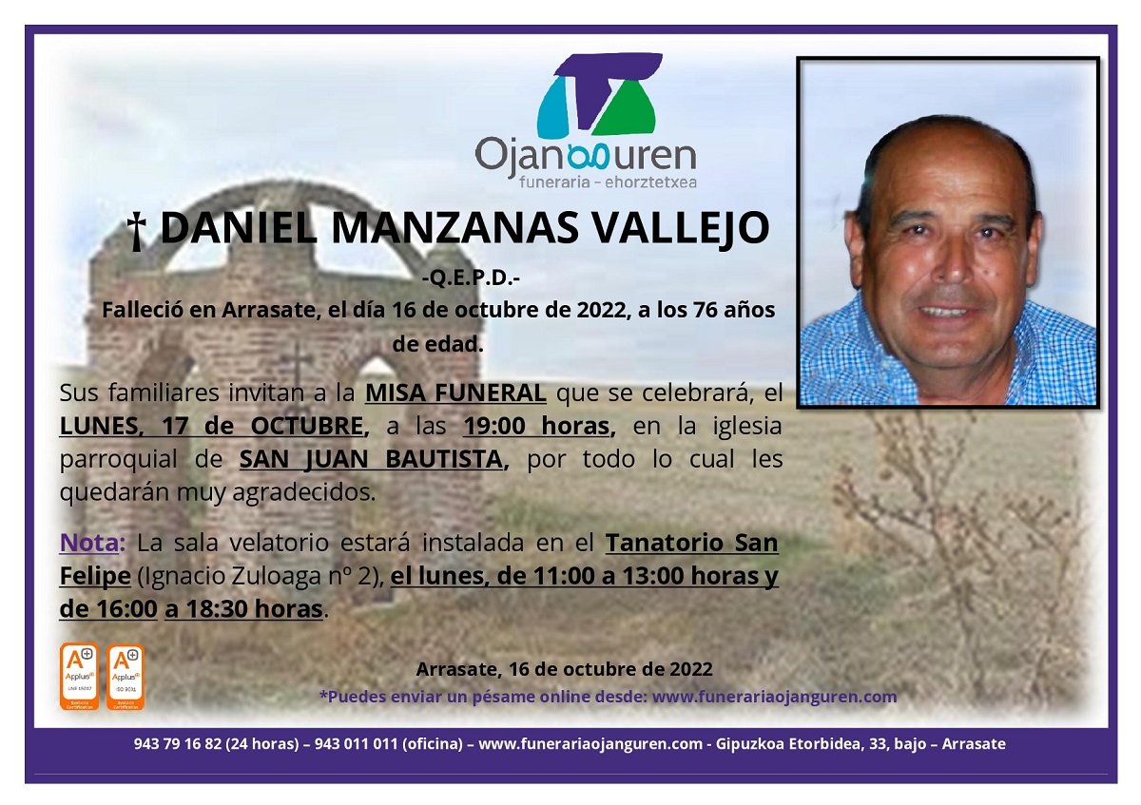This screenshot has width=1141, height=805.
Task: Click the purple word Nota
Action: coord(92,544)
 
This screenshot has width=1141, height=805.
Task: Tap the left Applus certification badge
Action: coord(79,677)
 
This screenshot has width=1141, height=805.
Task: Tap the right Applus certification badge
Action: coord(126,677)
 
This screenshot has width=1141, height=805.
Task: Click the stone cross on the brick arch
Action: coord(297,363)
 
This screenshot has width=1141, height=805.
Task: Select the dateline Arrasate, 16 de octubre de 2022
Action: coord(564,669)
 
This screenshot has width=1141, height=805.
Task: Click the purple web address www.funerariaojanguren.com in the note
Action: coord(774,696)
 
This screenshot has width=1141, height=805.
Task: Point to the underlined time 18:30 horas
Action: coord(243,609)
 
